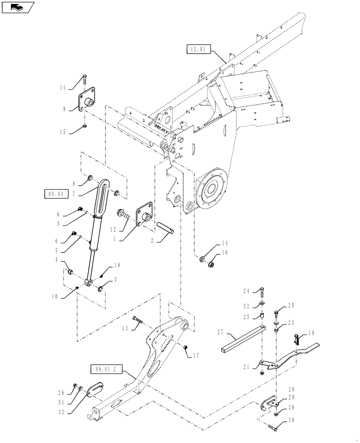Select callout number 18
click(x=117, y=266)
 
